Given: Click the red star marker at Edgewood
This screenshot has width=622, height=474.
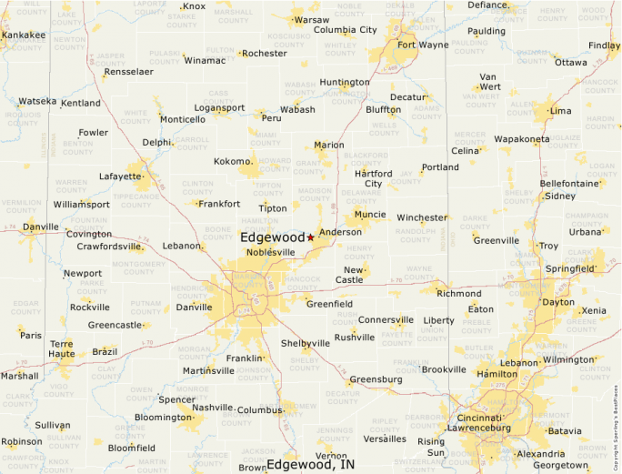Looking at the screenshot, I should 310,237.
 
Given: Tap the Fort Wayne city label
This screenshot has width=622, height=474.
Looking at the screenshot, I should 422,45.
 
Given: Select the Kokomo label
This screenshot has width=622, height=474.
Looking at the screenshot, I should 231,161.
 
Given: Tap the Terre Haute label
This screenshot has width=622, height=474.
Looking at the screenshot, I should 61,349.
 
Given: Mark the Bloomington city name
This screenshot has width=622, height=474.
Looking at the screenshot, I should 163,418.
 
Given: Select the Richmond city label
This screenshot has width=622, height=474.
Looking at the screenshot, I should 459,293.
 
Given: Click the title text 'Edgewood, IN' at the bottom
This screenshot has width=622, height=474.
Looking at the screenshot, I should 310,464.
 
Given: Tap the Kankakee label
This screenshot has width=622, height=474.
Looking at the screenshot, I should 24,35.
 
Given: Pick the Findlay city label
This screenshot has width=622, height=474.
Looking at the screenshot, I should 604,45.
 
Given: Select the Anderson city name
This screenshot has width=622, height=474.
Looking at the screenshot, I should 340,232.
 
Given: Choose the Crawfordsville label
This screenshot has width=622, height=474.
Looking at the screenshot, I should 108,246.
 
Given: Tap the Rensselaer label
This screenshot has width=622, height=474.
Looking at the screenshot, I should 128,71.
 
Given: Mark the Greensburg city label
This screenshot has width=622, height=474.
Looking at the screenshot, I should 376,378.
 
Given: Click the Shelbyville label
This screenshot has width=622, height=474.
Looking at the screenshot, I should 306,343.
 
